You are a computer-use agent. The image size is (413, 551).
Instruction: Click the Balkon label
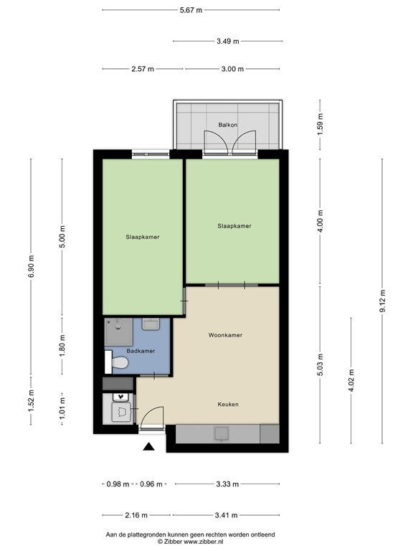227,125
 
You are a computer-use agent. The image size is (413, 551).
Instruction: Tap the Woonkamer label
225,335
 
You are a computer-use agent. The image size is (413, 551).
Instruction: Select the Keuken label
228,405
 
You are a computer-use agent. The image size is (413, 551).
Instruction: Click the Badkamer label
141,351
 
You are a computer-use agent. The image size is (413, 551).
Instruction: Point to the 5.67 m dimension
191,10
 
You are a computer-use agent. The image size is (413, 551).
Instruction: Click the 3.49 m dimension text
227,41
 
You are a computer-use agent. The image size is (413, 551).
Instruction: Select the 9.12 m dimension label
382,301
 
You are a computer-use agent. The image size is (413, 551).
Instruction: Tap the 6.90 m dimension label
31,266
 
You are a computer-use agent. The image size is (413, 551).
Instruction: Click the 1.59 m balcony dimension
320,121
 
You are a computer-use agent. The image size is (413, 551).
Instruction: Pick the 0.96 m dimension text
151,484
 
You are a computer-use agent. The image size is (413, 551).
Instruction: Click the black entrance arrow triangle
149,446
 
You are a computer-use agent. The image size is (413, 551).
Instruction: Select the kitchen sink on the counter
222,433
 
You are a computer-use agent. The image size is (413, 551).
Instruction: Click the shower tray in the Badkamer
119,332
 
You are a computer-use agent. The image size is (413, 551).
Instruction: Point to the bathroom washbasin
151,324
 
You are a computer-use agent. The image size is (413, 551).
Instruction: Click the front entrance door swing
152,416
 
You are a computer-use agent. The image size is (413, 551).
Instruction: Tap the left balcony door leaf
216,142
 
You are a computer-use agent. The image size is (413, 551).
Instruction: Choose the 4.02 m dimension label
351,380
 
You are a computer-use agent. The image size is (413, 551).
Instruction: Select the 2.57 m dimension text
143,69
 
